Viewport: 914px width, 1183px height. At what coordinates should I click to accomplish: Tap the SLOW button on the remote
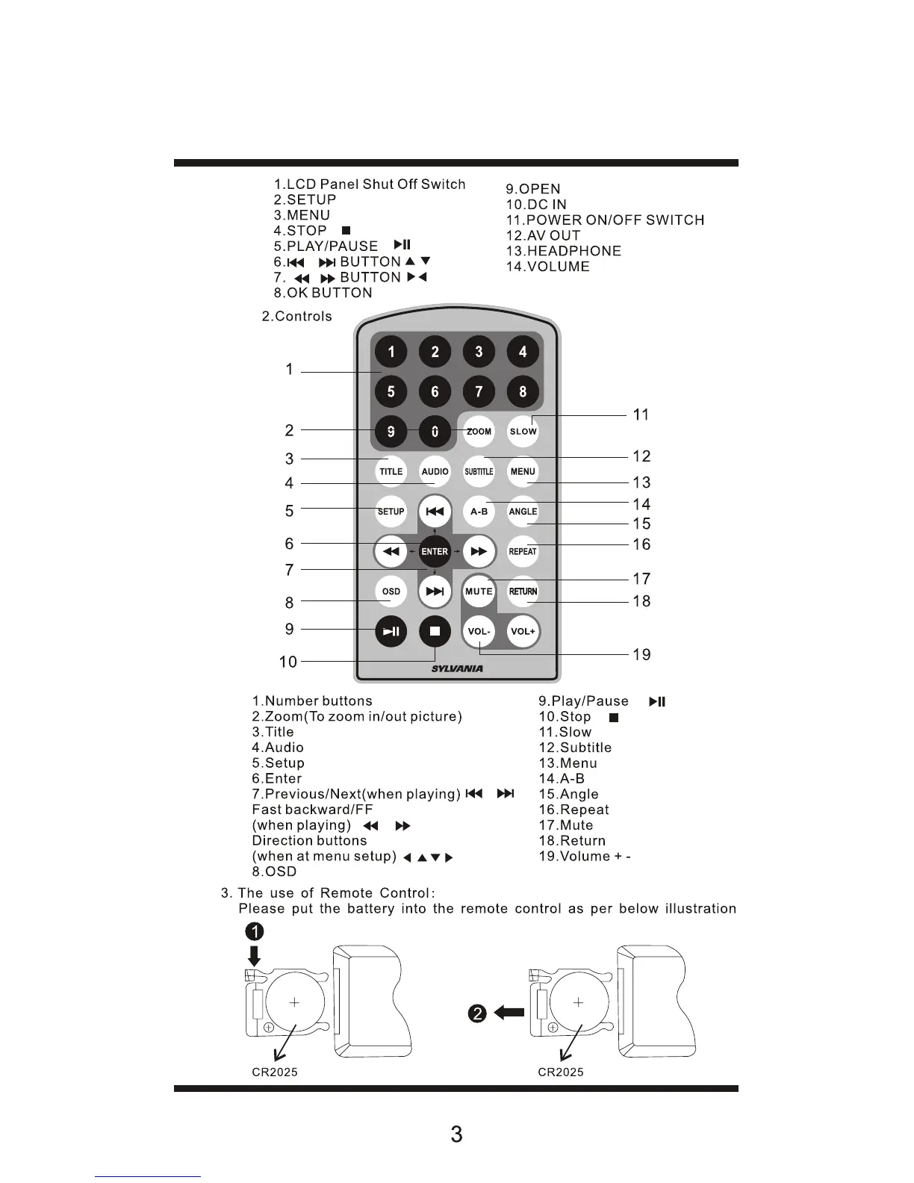point(523,432)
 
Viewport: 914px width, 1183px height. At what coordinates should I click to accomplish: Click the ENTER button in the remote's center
point(435,552)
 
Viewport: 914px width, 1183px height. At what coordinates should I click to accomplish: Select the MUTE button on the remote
point(479,591)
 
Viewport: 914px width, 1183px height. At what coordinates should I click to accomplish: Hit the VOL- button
point(479,632)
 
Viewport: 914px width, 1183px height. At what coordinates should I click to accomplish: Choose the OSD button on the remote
point(391,591)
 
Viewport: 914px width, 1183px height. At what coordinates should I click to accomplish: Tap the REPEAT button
point(523,552)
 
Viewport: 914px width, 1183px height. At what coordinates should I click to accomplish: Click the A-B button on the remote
point(479,512)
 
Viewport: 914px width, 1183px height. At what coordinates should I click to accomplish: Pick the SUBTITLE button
point(479,472)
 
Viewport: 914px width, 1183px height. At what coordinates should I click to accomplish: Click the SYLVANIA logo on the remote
point(457,669)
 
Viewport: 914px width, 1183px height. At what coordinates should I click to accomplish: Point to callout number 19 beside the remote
point(641,655)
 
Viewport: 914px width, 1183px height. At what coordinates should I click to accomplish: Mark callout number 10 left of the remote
point(288,662)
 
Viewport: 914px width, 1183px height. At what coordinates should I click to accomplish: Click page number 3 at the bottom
point(456,1134)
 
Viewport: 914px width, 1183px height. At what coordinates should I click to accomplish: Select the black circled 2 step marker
point(478,1013)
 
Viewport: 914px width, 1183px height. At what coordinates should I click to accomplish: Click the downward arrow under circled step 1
point(255,956)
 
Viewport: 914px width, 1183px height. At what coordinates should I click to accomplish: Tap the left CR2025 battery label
point(275,1072)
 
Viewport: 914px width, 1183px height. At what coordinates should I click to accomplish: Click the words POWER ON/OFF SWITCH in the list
point(615,220)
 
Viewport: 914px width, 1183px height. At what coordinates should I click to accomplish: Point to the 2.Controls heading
point(297,317)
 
